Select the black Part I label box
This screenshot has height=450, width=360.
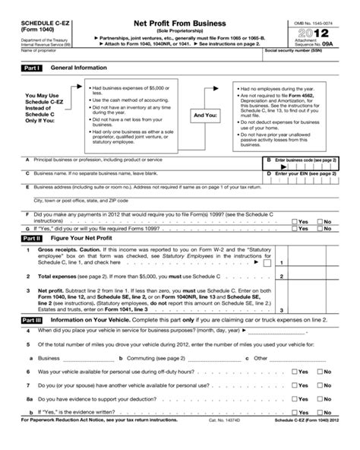pyautogui.click(x=30, y=68)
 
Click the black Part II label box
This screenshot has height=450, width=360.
pyautogui.click(x=30, y=237)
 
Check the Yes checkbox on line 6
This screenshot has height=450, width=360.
pyautogui.click(x=295, y=372)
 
